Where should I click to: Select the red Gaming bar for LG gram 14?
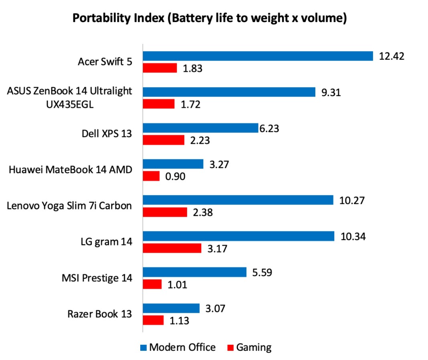tap(172, 249)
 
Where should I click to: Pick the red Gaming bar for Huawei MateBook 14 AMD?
tap(151, 176)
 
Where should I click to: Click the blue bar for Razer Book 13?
tap(172, 308)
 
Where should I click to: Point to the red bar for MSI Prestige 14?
tap(153, 284)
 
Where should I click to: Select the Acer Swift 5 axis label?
tap(105, 62)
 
